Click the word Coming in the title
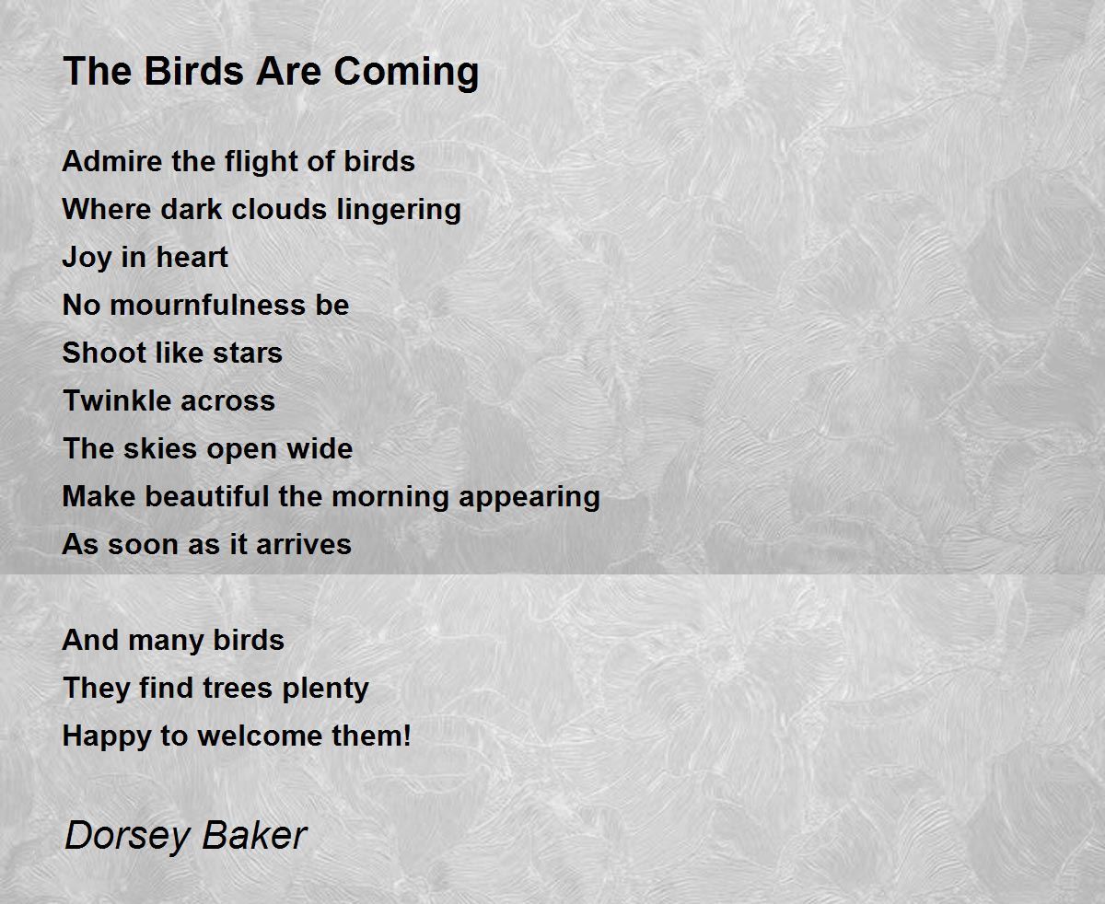pyautogui.click(x=406, y=73)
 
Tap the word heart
pyautogui.click(x=192, y=257)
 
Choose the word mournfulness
pyautogui.click(x=207, y=305)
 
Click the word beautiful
pyautogui.click(x=207, y=496)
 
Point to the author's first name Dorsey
pyautogui.click(x=126, y=836)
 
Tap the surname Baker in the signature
pyautogui.click(x=253, y=835)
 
